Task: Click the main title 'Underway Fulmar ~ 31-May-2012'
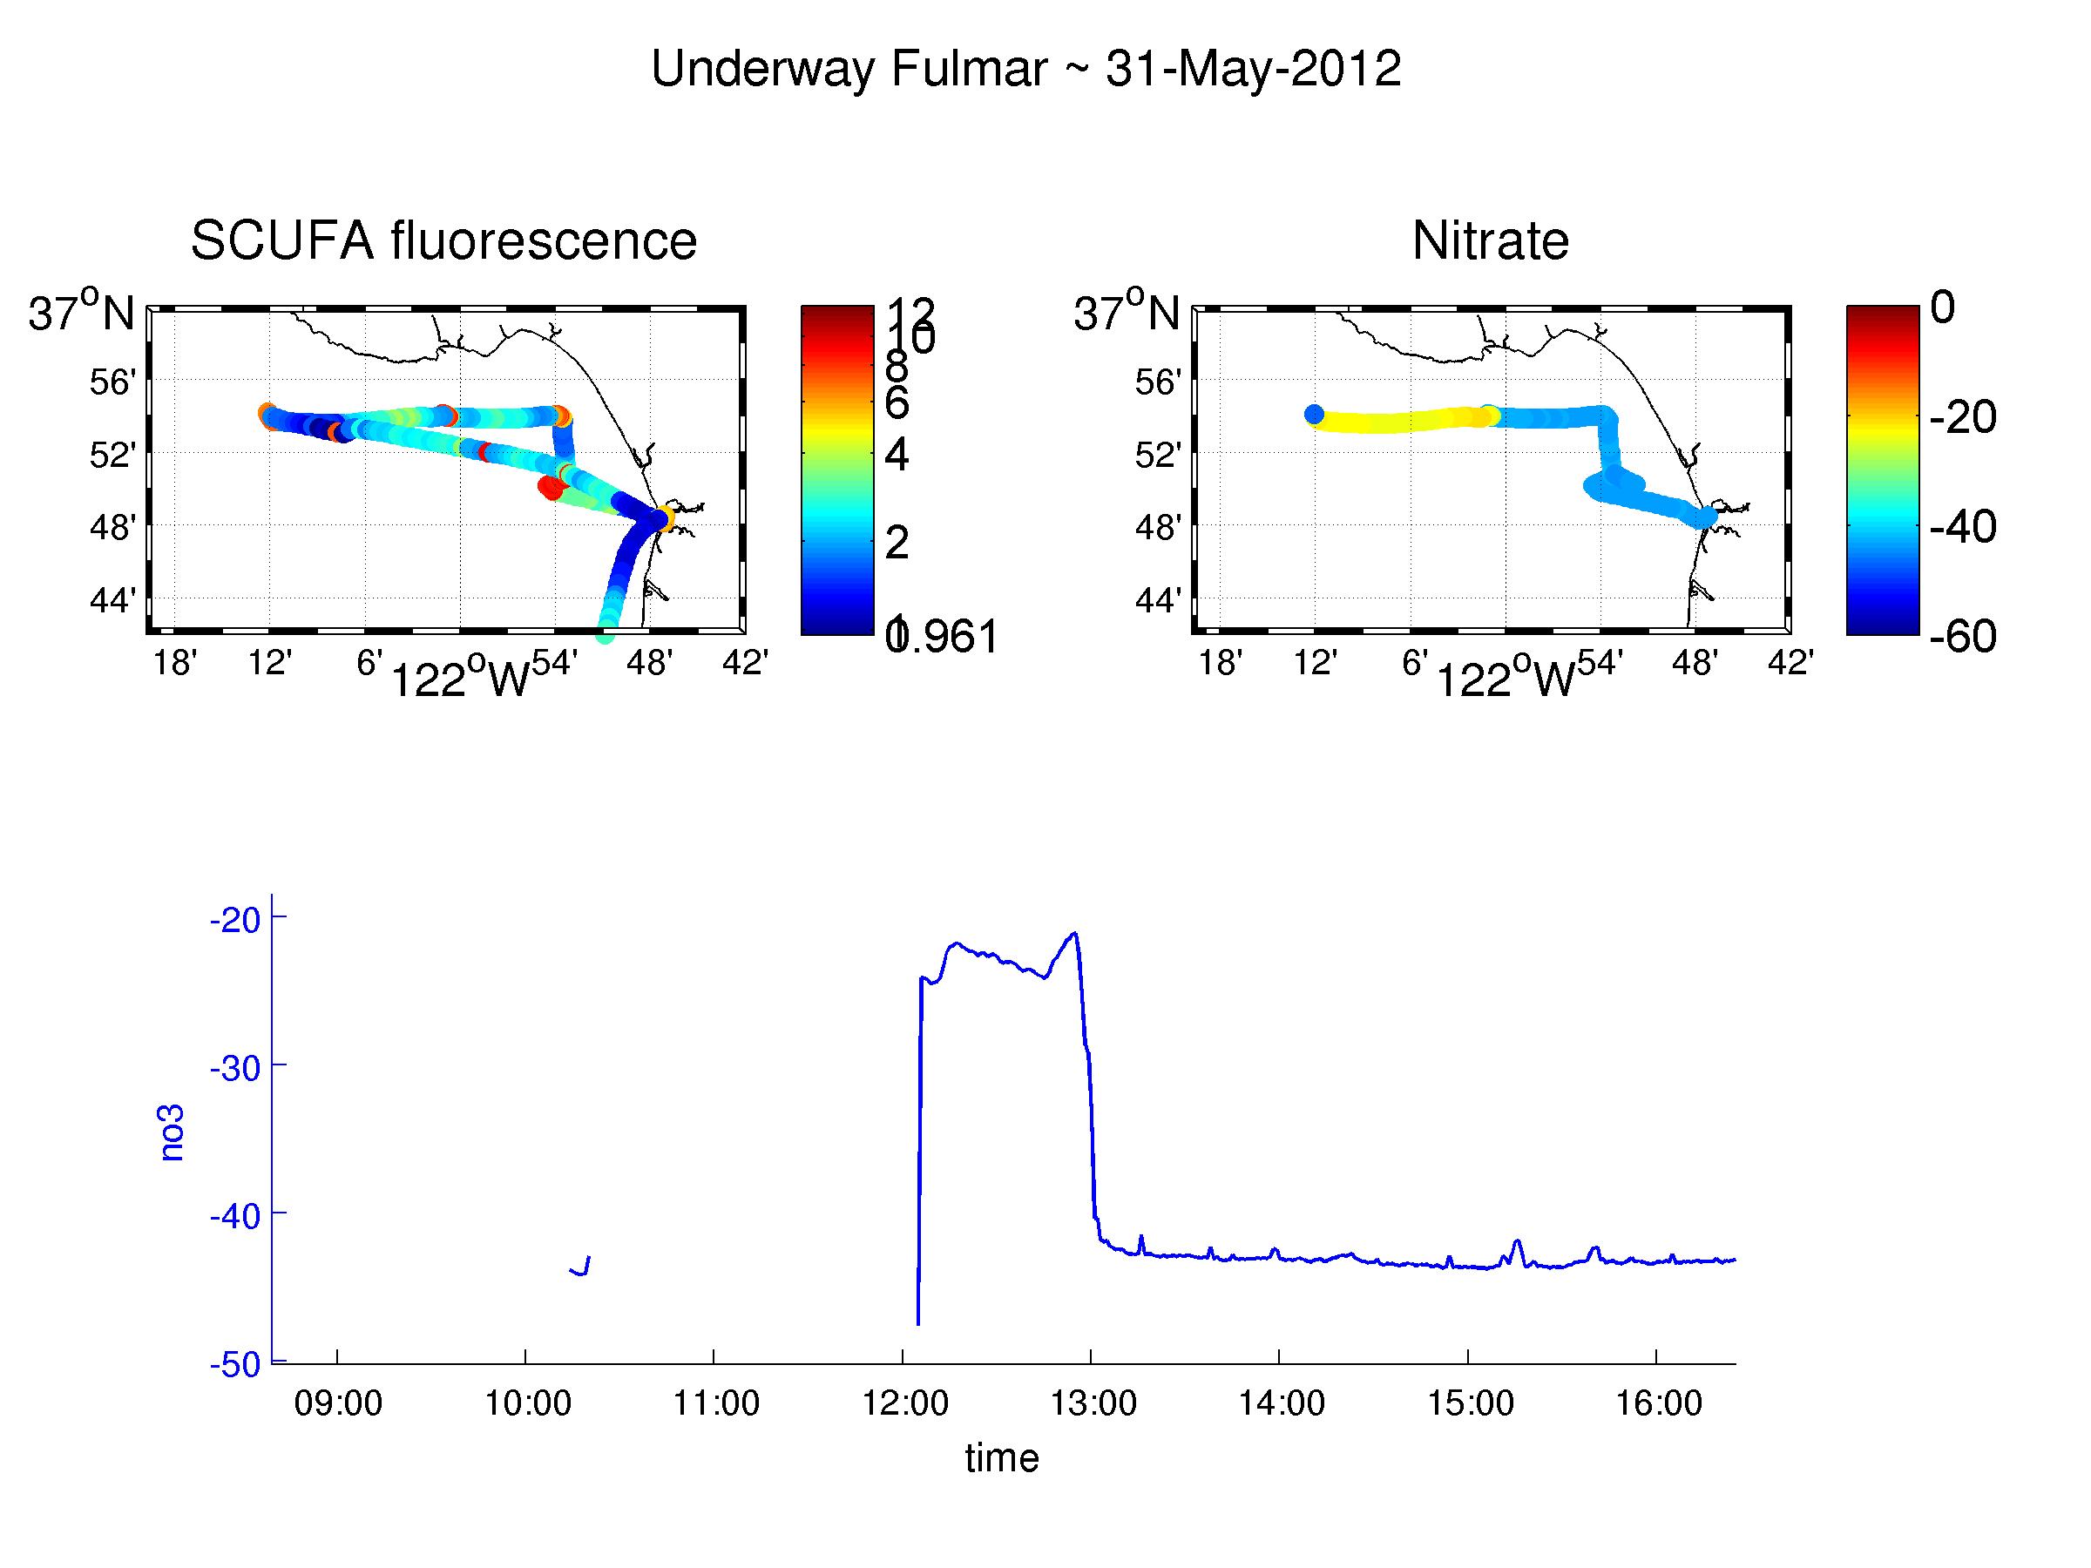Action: [1025, 69]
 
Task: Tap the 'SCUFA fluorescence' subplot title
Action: [443, 240]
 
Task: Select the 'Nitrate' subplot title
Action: [1490, 240]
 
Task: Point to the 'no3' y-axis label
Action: [172, 1132]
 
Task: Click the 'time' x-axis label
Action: [1002, 1457]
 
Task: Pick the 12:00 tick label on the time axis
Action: [904, 1402]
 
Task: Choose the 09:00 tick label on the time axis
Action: [337, 1402]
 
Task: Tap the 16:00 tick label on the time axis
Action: [1658, 1402]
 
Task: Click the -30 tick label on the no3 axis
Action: [234, 1068]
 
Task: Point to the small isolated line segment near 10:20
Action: [580, 1267]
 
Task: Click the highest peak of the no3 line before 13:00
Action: [1075, 934]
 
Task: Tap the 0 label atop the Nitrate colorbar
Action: [1943, 308]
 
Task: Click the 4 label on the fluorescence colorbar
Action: [897, 455]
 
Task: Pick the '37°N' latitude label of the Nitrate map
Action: [1126, 312]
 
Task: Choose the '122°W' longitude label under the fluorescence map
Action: [459, 678]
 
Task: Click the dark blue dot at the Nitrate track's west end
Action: [1314, 414]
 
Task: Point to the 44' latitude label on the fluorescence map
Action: [112, 599]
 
